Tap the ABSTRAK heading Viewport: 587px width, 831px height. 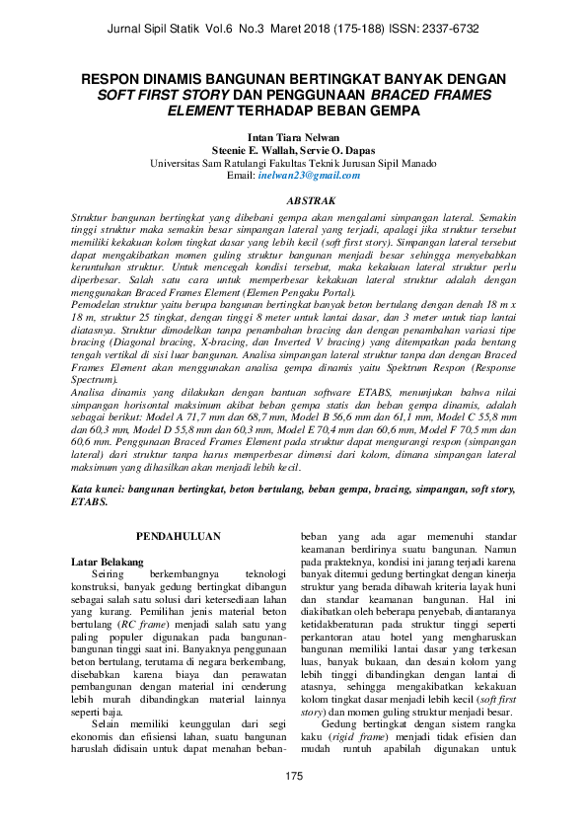pos(293,200)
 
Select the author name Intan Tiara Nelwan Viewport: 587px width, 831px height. pos(293,137)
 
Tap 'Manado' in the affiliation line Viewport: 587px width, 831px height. pos(415,163)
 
